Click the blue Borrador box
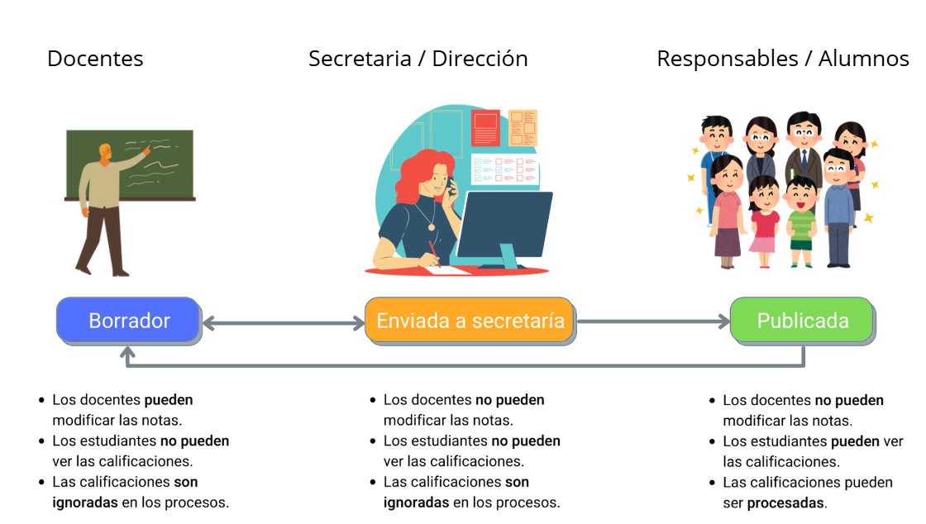pyautogui.click(x=128, y=321)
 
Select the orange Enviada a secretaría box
pyautogui.click(x=470, y=321)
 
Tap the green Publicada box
pyautogui.click(x=802, y=321)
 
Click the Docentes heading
pyautogui.click(x=95, y=59)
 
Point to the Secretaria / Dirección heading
pyautogui.click(x=418, y=59)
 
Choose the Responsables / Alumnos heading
pyautogui.click(x=782, y=59)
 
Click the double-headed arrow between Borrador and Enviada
pyautogui.click(x=283, y=322)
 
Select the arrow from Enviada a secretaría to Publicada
pyautogui.click(x=653, y=322)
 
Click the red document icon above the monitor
pyautogui.click(x=485, y=127)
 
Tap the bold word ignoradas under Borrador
pyautogui.click(x=85, y=502)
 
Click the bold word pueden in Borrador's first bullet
pyautogui.click(x=169, y=400)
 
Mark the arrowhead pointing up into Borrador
pyautogui.click(x=127, y=354)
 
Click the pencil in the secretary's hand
pyautogui.click(x=432, y=252)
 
